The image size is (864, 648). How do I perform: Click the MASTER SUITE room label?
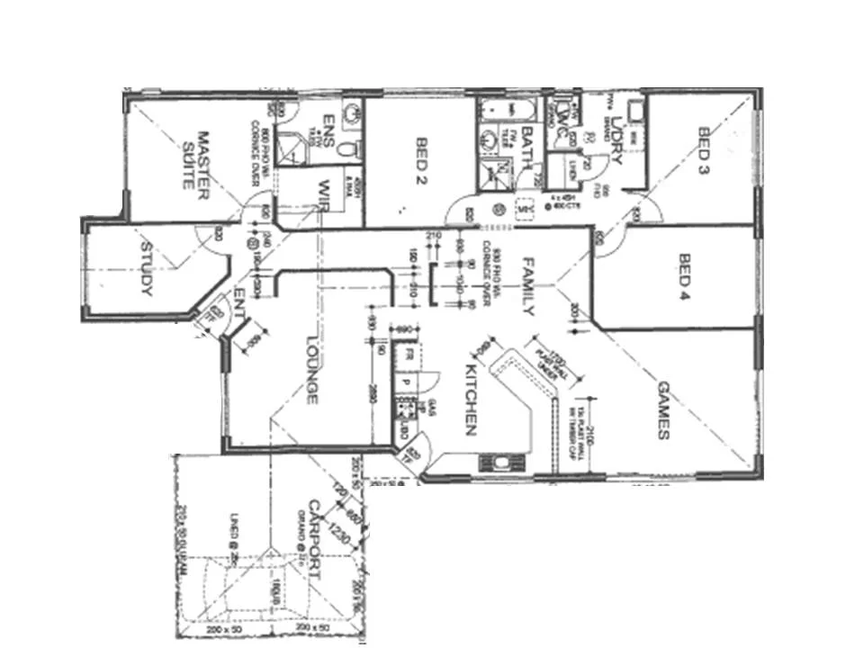[196, 159]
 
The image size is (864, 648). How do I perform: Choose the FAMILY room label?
[528, 285]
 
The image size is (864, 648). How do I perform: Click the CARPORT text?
[315, 533]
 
